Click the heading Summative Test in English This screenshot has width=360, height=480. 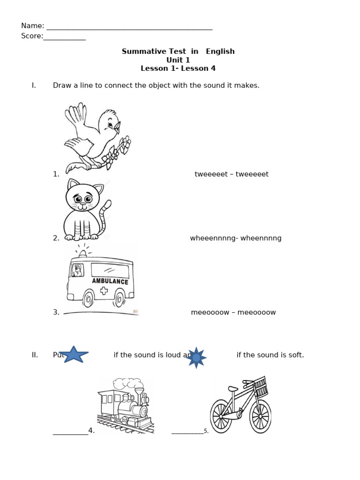[x=178, y=52]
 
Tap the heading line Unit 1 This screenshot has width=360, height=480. [x=178, y=60]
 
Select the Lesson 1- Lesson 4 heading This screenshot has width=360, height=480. [x=178, y=68]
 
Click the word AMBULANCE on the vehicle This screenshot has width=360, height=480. [x=110, y=281]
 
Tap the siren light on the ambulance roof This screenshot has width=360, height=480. [x=83, y=253]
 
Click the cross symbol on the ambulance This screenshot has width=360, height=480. [x=104, y=291]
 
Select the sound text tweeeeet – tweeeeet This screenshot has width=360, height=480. [x=232, y=174]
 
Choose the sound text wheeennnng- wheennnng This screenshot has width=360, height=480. [x=236, y=238]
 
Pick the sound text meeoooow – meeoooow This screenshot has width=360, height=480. [x=233, y=312]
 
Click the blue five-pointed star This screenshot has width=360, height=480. [x=74, y=355]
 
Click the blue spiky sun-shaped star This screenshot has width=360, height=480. [x=196, y=358]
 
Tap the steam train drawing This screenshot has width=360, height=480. [x=125, y=405]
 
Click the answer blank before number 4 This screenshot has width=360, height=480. [x=70, y=433]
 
